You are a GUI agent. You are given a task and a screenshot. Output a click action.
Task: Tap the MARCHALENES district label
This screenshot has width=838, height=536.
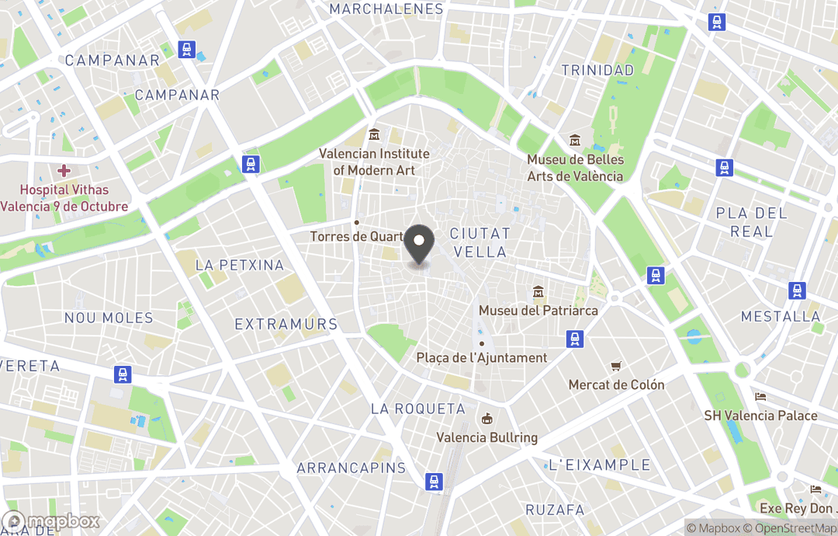coord(386,9)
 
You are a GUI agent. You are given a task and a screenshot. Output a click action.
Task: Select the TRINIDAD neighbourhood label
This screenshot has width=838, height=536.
coord(597,70)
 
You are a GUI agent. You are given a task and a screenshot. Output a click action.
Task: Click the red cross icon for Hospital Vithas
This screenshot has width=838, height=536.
coord(64,170)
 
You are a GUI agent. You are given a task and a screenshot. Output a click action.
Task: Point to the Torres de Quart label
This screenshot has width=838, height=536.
coord(357,236)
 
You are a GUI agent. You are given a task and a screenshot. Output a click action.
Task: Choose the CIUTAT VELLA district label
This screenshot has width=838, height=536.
coord(480,242)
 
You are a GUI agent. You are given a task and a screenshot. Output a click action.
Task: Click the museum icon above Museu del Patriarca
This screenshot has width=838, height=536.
coord(538,292)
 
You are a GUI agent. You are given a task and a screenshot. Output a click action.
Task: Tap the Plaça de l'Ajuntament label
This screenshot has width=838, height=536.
coord(482,358)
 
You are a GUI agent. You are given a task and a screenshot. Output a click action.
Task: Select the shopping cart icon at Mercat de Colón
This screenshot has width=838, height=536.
coord(616,366)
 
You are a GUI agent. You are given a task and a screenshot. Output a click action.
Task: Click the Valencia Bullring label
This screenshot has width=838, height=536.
coord(487,437)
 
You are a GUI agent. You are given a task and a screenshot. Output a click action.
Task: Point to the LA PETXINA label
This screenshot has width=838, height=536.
coord(239,265)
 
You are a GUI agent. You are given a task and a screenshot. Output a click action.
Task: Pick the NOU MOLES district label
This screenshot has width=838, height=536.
coord(109,318)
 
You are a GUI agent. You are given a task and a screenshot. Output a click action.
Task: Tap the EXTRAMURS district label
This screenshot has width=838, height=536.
coord(286,325)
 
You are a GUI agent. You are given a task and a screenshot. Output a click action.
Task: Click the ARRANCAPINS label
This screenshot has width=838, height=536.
coord(351,468)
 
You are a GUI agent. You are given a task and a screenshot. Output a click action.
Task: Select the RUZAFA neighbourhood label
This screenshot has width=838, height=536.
coord(555,510)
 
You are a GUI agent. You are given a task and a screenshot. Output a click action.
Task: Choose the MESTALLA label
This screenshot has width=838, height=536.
coord(781,316)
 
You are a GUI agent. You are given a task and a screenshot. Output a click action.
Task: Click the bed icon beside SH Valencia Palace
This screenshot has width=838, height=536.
coord(760,396)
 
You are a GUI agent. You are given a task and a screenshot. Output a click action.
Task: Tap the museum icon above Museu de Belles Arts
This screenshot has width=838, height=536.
coord(575,140)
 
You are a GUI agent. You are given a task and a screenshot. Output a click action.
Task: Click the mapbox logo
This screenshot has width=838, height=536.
coord(51,521)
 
